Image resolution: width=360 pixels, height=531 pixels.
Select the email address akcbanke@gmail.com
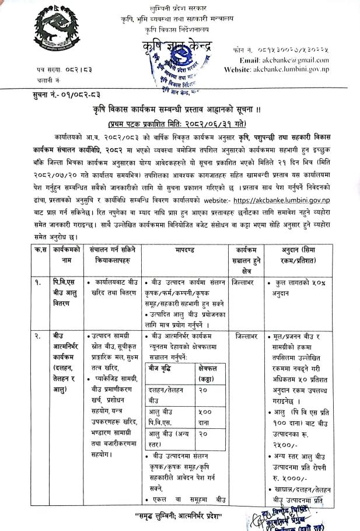[292, 60]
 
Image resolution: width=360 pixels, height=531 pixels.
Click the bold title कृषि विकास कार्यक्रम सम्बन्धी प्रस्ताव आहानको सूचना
[180, 111]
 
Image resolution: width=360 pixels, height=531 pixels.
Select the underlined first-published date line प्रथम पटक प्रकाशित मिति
[180, 124]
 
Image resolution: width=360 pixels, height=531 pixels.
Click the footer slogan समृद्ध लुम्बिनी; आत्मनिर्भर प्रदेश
[180, 515]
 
